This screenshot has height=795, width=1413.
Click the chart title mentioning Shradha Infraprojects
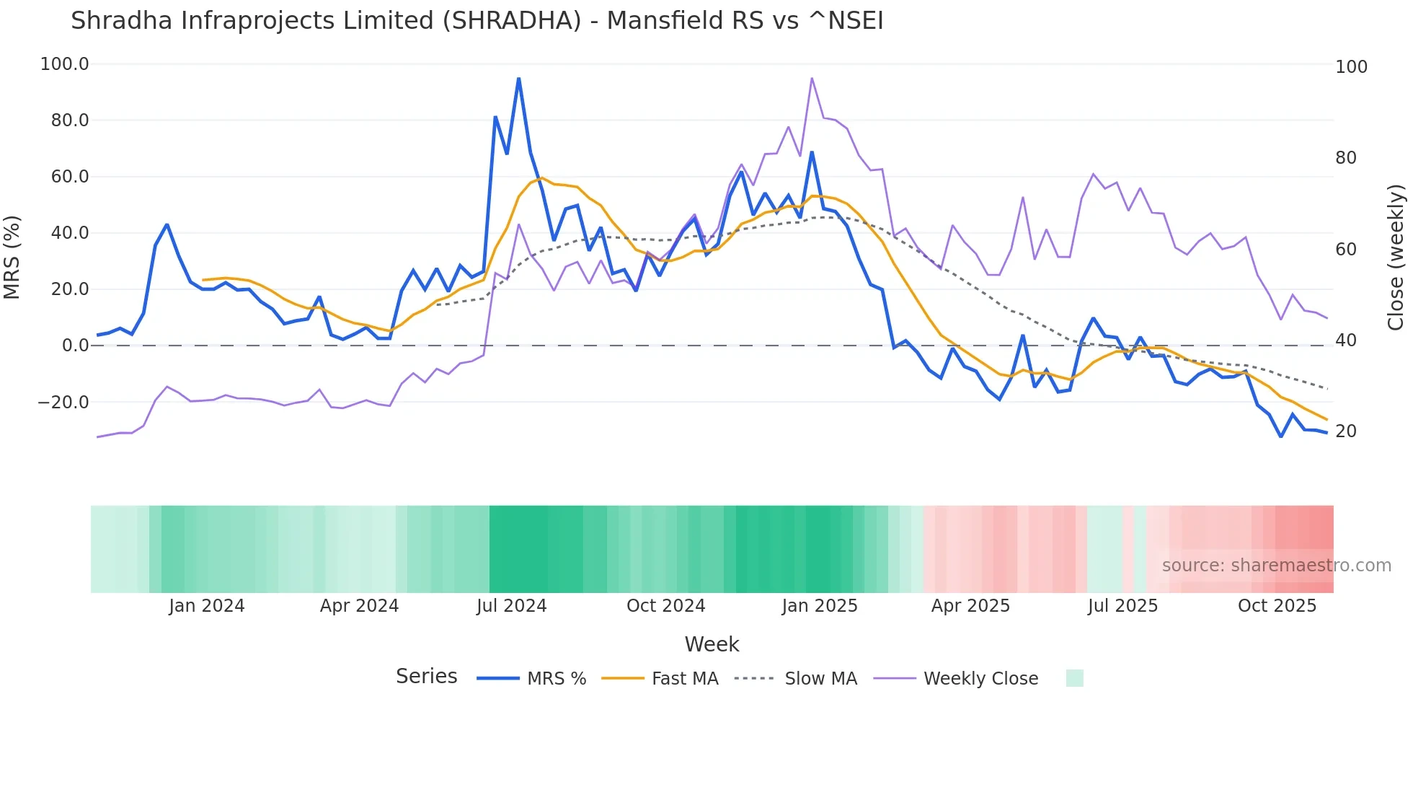click(477, 21)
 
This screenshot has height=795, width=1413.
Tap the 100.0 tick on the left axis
click(65, 64)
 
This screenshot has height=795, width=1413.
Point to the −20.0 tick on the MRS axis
click(63, 403)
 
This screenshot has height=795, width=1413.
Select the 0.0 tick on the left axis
click(75, 346)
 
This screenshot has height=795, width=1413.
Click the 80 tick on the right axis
click(1345, 158)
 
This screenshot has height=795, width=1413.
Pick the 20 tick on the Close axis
click(1345, 431)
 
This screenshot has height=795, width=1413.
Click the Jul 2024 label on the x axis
click(511, 606)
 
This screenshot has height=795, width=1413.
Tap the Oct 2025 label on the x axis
click(1277, 606)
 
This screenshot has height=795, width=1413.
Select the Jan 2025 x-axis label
click(820, 606)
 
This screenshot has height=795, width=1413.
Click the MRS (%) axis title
click(12, 258)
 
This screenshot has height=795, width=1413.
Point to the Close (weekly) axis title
click(1396, 258)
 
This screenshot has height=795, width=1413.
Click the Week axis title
click(712, 644)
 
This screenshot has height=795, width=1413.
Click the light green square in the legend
click(1074, 679)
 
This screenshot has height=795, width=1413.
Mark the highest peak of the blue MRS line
click(518, 78)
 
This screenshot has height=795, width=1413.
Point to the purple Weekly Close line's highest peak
click(812, 78)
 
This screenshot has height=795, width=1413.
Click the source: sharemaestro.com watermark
click(1276, 566)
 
